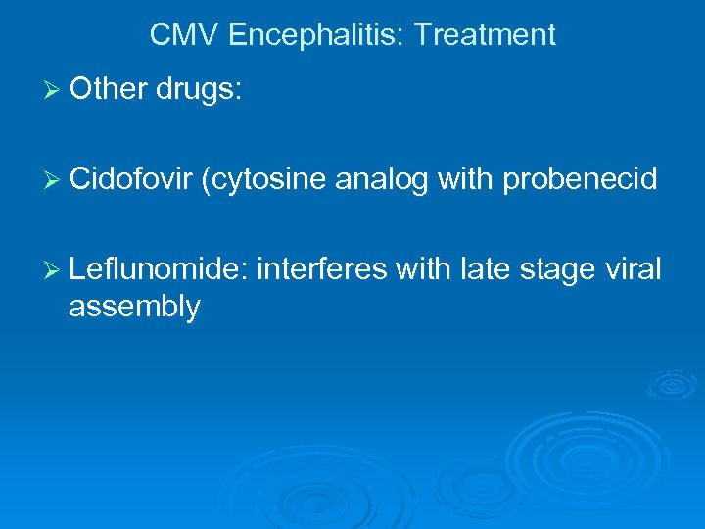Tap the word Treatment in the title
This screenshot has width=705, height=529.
click(x=485, y=36)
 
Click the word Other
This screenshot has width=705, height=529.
click(x=108, y=89)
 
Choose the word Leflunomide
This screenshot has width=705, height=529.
click(x=158, y=268)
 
